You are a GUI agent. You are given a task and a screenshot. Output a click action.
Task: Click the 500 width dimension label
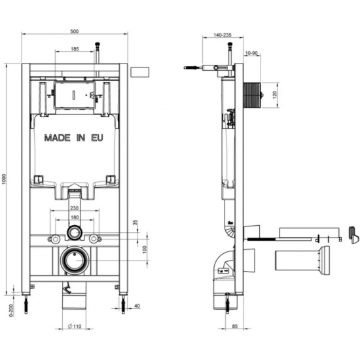pos(75,31)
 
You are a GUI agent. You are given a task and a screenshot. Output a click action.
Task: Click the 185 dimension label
pos(75,48)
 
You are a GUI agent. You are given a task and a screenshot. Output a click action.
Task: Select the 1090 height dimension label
pos(4,179)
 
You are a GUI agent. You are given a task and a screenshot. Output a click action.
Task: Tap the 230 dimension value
pos(75,208)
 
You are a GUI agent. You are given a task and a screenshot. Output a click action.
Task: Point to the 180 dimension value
pos(75,217)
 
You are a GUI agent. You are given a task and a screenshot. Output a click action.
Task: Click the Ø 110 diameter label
pos(75,326)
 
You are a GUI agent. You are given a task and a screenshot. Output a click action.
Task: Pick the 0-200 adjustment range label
pos(11,310)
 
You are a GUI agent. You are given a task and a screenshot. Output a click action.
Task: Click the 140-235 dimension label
pos(223,35)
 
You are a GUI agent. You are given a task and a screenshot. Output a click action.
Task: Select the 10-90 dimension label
pos(251,53)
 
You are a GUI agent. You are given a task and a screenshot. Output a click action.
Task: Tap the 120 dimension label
pos(275,95)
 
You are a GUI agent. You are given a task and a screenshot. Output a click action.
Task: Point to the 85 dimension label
pos(235,326)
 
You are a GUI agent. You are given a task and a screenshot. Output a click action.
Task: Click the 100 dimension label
pos(145,249)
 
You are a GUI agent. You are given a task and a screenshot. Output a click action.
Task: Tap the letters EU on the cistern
pos(97,137)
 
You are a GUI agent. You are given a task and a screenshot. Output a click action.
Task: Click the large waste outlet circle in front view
pos(75,261)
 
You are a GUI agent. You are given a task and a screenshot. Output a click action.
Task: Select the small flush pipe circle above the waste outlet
pos(74,233)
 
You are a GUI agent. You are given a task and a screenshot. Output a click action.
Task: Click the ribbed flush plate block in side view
pos(252,95)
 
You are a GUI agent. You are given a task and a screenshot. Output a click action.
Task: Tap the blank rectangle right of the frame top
pos(139,72)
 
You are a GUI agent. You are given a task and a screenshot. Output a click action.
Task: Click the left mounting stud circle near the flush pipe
pos(55,239)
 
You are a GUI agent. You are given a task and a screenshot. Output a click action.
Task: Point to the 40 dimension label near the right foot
pos(137,306)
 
